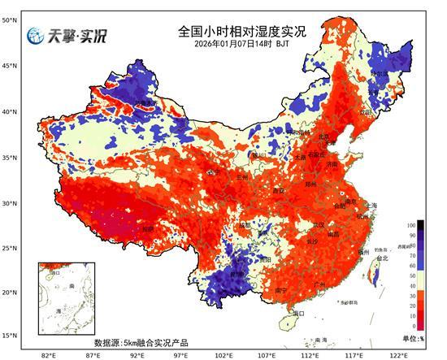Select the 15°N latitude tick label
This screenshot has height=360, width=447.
[9, 336]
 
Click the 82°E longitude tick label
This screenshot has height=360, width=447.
[48, 355]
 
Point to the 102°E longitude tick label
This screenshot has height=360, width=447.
[223, 355]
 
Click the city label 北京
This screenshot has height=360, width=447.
[324, 137]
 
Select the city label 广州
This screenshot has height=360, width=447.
[319, 284]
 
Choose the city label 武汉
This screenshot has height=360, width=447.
[318, 224]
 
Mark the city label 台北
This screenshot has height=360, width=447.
[380, 258]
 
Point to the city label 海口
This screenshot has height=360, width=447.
[297, 313]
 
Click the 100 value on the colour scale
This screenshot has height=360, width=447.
[423, 223]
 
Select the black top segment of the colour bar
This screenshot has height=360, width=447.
[411, 224]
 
